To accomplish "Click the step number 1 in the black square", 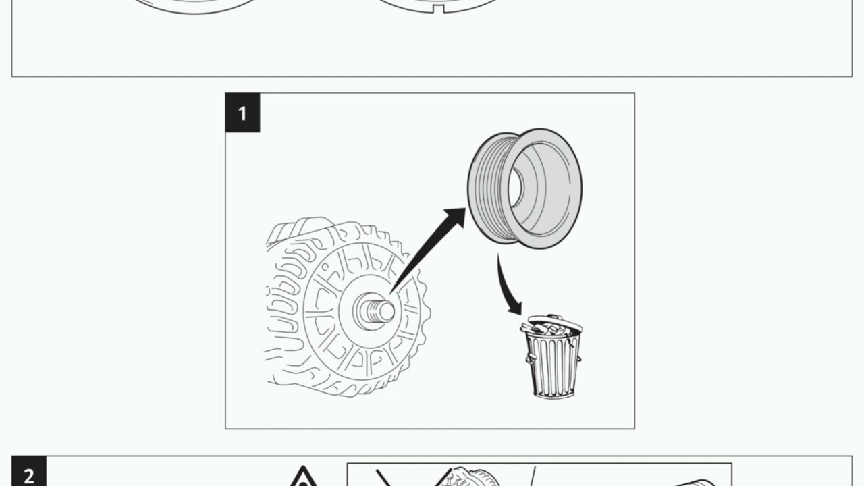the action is coord(242,113).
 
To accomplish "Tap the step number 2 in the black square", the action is coord(29,476).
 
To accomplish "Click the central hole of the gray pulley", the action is coord(515,188).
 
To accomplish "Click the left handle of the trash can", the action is coord(530,358).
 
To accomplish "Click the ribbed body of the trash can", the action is coord(553,364).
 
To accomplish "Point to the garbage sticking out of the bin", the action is coord(540,329).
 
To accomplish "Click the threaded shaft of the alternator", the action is coord(373,310).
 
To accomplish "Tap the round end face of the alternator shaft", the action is coord(387,312).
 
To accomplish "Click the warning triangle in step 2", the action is coord(303,477).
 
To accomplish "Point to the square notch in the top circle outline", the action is coord(438,9).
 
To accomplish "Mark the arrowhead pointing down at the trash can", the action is coord(515,308).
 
